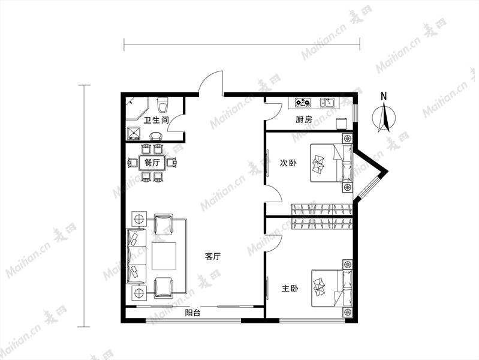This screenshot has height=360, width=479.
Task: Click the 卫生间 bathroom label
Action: coord(156,120)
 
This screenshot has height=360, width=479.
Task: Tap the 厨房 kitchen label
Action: coord(304,119)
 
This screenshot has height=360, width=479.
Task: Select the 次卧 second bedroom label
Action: coord(288,163)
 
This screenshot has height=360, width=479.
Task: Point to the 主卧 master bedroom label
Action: coord(290,289)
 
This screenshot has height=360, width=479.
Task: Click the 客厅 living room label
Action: coord(213,256)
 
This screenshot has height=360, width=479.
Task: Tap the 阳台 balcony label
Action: coord(192,313)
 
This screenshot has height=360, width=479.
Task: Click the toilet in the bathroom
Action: coord(162,104)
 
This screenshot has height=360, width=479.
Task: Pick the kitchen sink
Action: coord(327,103)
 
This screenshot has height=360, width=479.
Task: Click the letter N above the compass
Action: coord(384,96)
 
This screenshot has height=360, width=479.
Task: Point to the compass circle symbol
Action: coord(384,118)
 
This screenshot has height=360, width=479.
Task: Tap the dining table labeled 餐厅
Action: coord(152,163)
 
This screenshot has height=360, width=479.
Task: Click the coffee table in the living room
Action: coord(164,256)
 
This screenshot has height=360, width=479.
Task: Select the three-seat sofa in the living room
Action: coord(136,256)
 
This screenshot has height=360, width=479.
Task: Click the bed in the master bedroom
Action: coord(332,288)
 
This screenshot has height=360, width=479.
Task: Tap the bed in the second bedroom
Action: coord(332,163)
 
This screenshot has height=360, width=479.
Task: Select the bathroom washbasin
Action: coord(156,136)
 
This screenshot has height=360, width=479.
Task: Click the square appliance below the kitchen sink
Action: coord(342,124)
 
